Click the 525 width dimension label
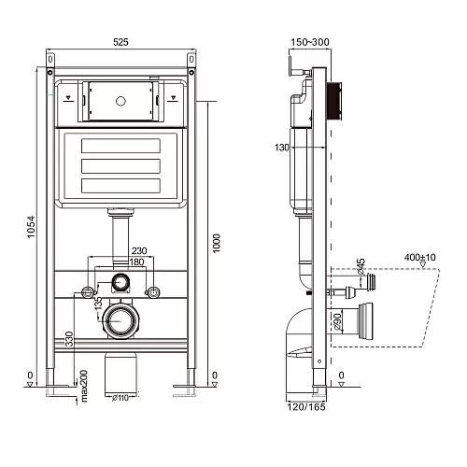(x=120, y=42)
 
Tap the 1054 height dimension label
(x=32, y=227)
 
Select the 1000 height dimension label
(x=216, y=243)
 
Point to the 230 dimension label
(x=139, y=250)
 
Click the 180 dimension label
(x=136, y=262)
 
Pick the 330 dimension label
(x=69, y=339)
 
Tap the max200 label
(x=84, y=386)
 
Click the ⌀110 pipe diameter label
(x=120, y=398)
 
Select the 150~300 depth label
(x=310, y=42)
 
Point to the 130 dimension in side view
(x=282, y=148)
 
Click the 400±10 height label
(x=419, y=258)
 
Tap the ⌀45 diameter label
(x=361, y=266)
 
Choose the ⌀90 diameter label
(x=337, y=321)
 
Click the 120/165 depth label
(x=306, y=407)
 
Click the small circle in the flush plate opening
(x=120, y=101)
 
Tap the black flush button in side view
(x=334, y=101)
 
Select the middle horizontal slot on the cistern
(x=120, y=166)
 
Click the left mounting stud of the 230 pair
(x=88, y=292)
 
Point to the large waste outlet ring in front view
(x=120, y=320)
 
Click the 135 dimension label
(x=98, y=303)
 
